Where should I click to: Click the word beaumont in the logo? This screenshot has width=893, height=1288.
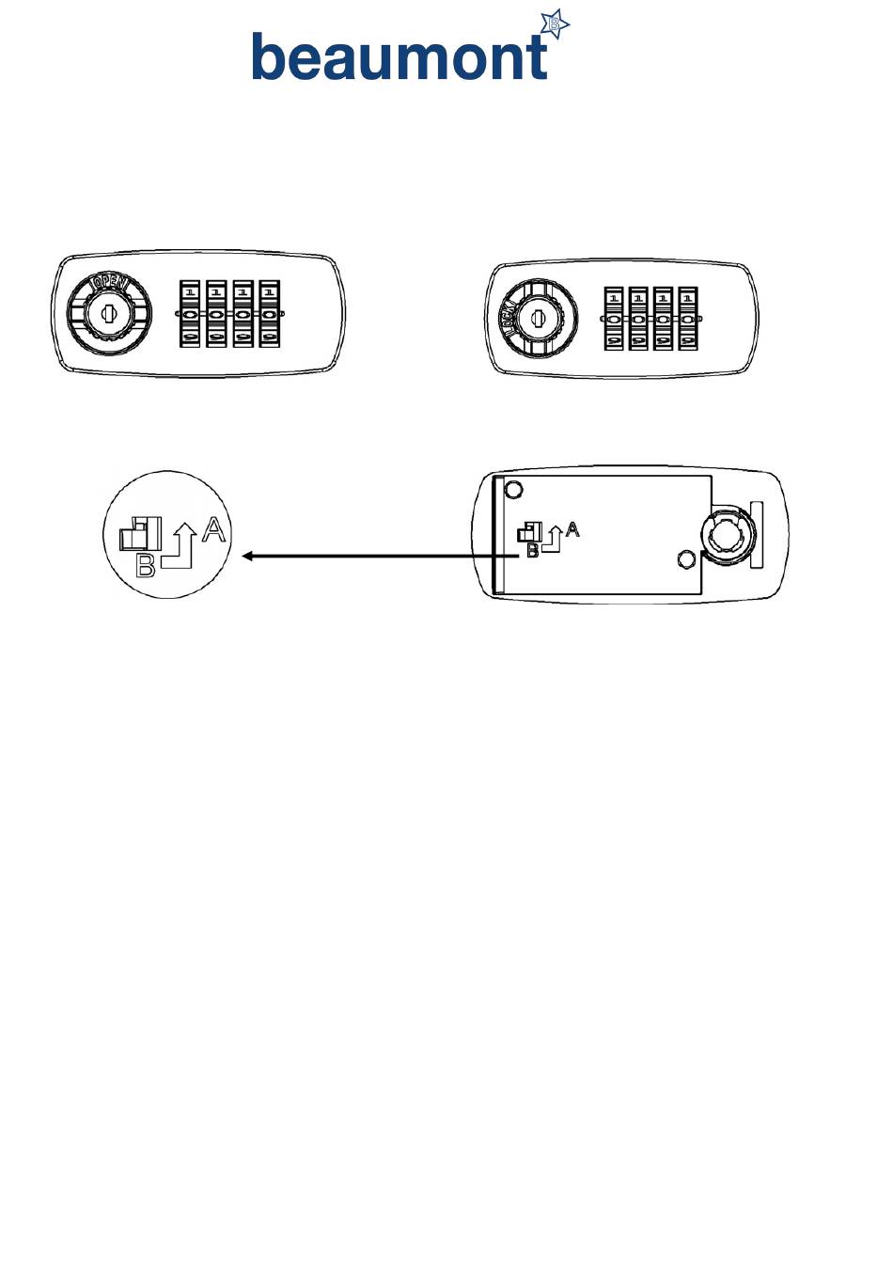click(399, 57)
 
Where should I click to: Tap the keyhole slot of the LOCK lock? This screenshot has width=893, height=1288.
click(537, 319)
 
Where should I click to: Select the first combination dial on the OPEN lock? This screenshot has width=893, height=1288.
click(189, 314)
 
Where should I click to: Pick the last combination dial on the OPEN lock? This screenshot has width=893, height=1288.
click(270, 314)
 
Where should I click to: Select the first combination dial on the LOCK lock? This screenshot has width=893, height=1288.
click(614, 319)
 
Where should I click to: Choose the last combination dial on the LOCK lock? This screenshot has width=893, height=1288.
click(687, 319)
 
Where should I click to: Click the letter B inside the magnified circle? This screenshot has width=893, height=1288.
click(146, 566)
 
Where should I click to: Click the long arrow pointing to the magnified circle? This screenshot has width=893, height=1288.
click(376, 557)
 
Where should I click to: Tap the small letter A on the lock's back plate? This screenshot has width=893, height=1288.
click(572, 530)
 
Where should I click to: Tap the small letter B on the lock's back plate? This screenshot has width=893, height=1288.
click(532, 552)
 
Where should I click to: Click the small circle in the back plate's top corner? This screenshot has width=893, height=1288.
click(513, 489)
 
